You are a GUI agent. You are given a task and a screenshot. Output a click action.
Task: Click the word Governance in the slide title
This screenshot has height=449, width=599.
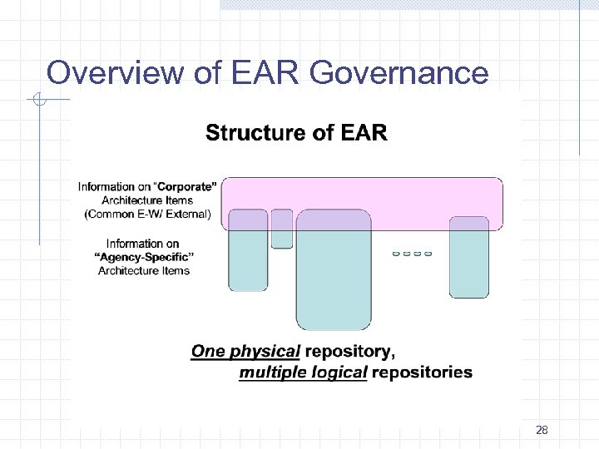coord(399,73)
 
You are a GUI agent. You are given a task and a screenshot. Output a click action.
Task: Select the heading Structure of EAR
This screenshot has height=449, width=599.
coord(296,133)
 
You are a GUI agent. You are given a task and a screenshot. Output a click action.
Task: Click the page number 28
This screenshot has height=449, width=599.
coord(542,430)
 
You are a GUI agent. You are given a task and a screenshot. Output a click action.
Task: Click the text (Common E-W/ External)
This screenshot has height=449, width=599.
coord(148,214)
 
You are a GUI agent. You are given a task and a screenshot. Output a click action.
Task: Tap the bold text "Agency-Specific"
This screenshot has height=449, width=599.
coord(144,257)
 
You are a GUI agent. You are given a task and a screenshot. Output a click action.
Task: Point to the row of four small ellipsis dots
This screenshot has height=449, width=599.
coord(412,253)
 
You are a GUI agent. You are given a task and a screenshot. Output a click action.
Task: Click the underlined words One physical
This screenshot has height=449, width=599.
coord(245,351)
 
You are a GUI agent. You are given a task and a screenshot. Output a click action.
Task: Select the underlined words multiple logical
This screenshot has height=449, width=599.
coord(303,373)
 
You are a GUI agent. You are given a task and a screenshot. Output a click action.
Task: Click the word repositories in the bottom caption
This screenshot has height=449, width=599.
coord(422,373)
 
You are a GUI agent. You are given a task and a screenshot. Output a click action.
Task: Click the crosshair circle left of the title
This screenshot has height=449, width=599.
coord(37,101)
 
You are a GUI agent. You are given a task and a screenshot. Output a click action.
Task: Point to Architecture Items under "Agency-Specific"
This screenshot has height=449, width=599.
coord(144,270)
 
